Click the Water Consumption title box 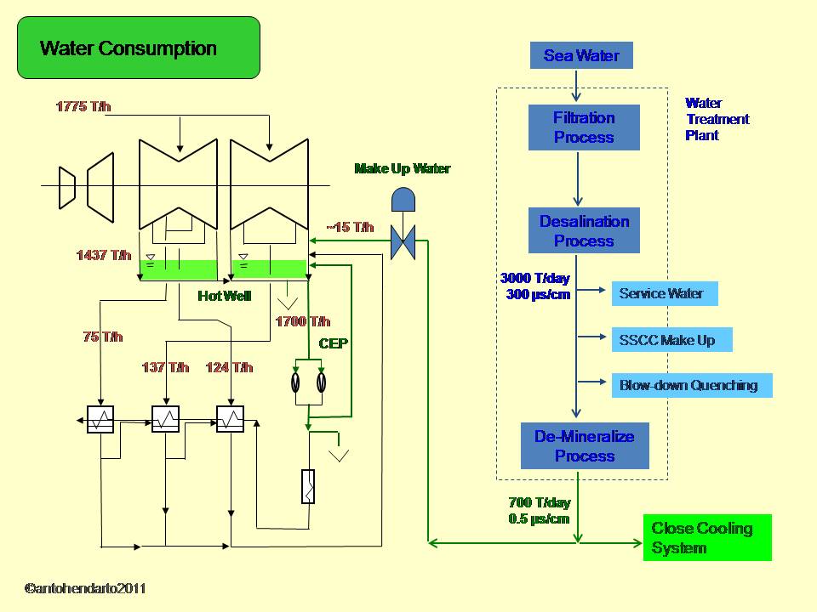coord(139,48)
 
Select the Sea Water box coord(581,56)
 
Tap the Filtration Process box coord(584,127)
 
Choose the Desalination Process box coord(584,231)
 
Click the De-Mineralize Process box coord(585,446)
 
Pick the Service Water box coord(664,294)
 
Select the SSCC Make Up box coord(671,340)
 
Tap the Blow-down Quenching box coord(690,385)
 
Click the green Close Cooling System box coord(707,537)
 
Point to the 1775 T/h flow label coord(83,106)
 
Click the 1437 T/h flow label coord(104,255)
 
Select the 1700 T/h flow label coord(302,321)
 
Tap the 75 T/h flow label coord(103,337)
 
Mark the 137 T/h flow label coord(165,367)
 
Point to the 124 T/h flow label coord(229,367)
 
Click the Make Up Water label coord(402,168)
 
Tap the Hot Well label coord(224,296)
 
